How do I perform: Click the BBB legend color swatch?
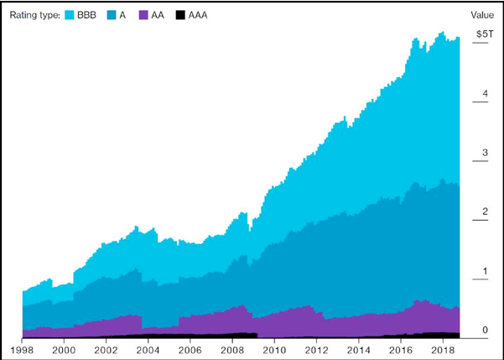(70, 15)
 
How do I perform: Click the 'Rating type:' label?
(34, 15)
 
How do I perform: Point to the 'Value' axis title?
(482, 15)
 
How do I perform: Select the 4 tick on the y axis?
(485, 94)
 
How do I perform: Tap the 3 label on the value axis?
(485, 154)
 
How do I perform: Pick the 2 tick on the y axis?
(485, 212)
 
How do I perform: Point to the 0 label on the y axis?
(485, 331)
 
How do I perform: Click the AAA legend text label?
(197, 15)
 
